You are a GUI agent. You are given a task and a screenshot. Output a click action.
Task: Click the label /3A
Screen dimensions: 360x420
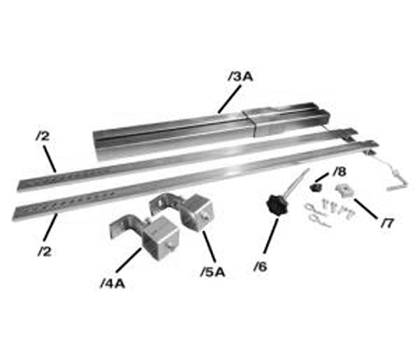pos(240,75)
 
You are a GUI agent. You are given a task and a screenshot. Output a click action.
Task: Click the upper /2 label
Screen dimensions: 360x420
pos(42,136)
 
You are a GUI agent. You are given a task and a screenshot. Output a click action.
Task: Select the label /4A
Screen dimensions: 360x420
pos(116,279)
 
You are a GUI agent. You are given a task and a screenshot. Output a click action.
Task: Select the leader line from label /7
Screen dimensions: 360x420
pos(371,209)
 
